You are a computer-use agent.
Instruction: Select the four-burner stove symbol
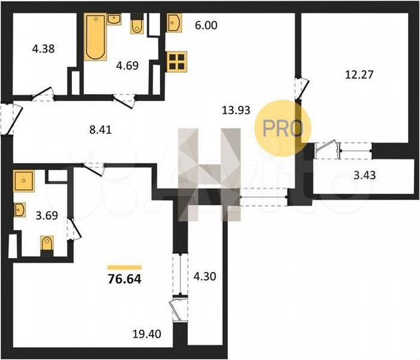(177, 62)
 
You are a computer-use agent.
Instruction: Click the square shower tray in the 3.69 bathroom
(24, 181)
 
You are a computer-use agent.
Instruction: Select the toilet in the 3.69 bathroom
(47, 245)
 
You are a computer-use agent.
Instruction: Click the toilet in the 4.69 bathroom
(137, 25)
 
